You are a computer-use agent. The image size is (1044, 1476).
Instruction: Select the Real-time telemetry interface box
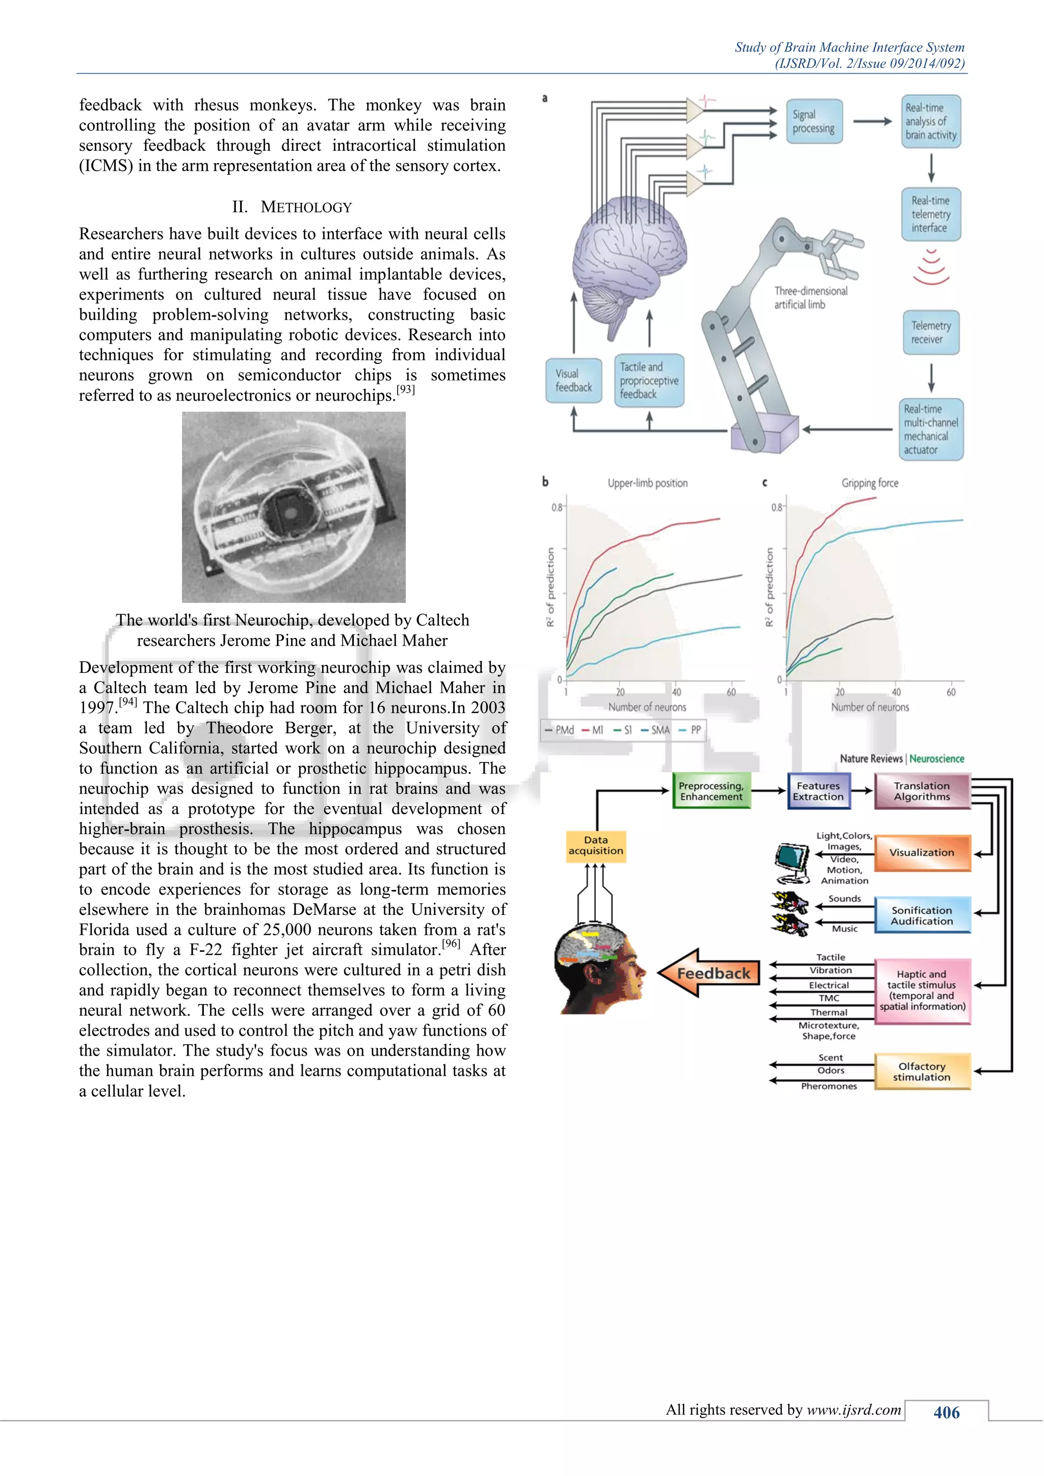[930, 214]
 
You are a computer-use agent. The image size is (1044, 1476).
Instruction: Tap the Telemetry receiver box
[930, 332]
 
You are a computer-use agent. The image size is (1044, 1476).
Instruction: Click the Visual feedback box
[573, 381]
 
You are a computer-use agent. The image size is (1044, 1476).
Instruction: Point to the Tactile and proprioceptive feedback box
[648, 381]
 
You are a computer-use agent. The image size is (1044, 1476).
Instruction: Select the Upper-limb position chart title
[647, 483]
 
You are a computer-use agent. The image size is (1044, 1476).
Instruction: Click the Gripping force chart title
[870, 483]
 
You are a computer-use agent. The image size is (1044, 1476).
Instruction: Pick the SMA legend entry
[655, 730]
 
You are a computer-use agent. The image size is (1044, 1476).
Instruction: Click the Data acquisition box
[595, 846]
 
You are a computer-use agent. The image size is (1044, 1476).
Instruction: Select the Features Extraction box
[818, 790]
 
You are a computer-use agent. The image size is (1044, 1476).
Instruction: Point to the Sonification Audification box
[922, 915]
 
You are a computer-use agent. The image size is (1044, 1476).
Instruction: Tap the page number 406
[946, 1412]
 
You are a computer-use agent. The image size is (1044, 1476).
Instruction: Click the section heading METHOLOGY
[293, 207]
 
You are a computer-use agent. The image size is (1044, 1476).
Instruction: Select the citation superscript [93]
[406, 389]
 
